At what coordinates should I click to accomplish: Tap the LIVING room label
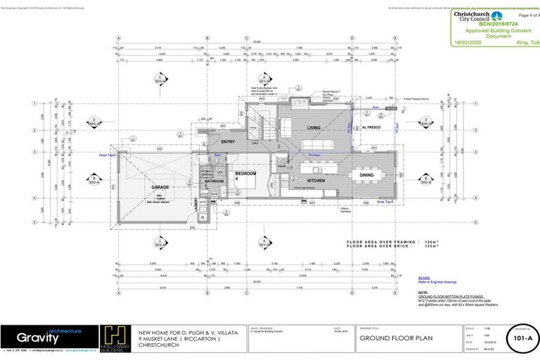(314, 127)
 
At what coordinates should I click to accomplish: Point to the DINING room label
(366, 176)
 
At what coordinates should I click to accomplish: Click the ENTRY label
(229, 141)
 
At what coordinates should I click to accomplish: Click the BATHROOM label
(214, 182)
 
